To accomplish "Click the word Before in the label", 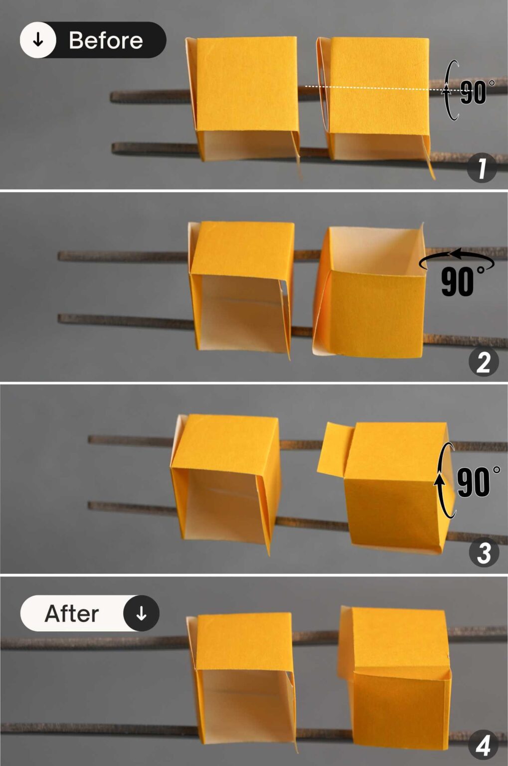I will point(105,40).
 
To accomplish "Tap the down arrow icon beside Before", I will point(38,40).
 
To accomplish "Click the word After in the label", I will point(72,613).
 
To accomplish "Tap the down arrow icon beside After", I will point(141,613).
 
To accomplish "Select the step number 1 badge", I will point(482,168).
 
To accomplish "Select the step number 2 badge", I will point(483,362).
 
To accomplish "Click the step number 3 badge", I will point(484,553).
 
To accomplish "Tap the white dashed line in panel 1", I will point(374,88).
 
